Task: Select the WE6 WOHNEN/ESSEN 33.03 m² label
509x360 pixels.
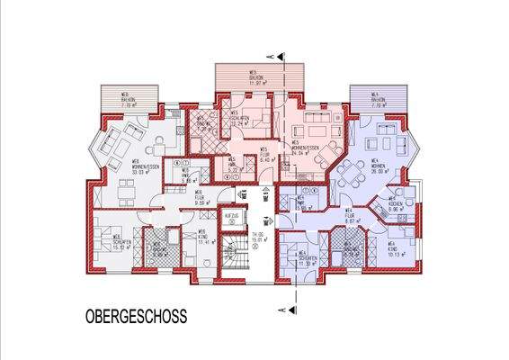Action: (x=121, y=168)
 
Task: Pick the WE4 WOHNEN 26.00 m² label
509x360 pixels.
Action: (x=378, y=166)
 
